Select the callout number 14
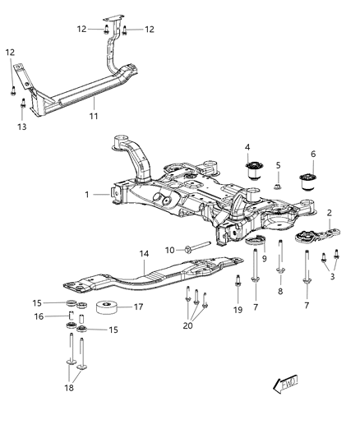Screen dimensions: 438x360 pos(143,254)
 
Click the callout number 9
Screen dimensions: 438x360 pos(265,259)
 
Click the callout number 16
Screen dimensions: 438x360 pos(60,316)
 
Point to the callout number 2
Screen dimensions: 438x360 pos(330,212)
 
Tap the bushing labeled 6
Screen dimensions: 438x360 pos(311,180)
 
